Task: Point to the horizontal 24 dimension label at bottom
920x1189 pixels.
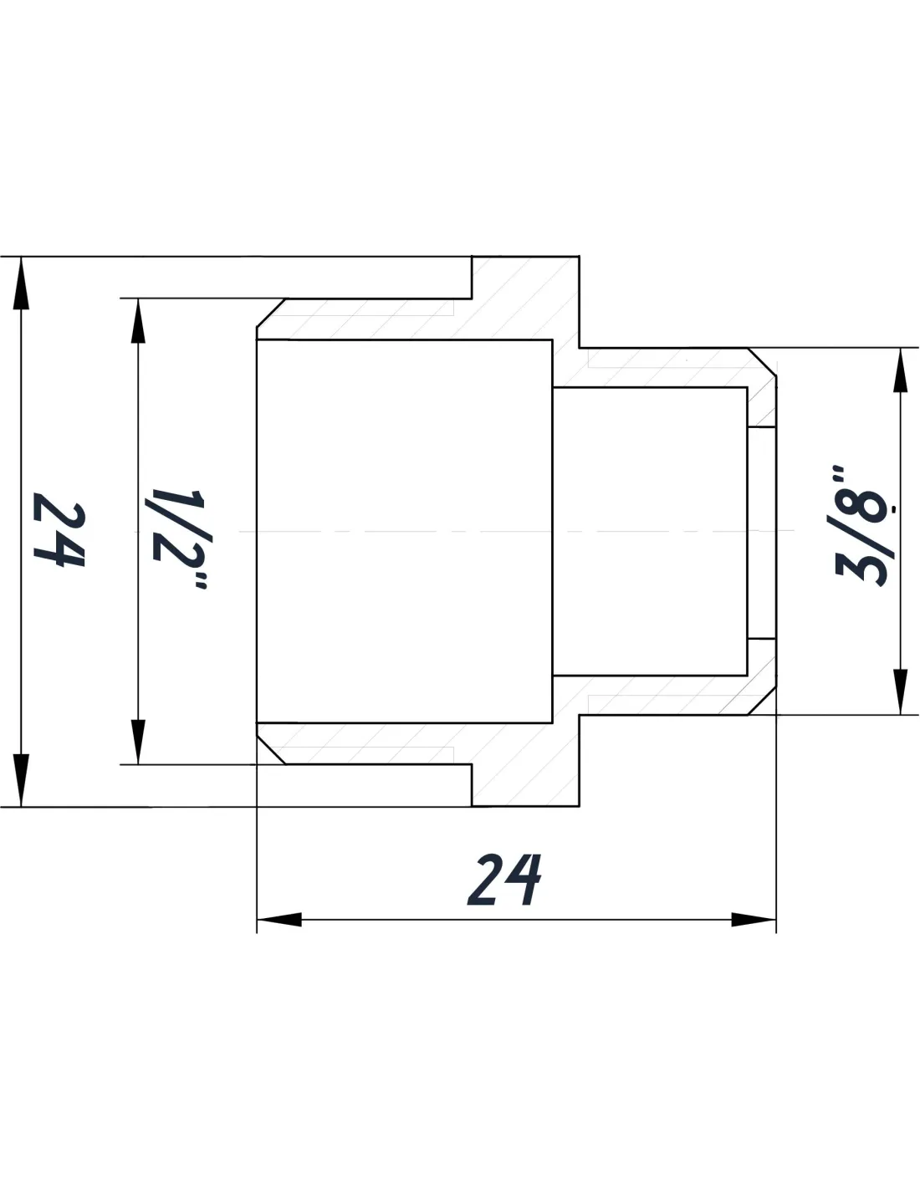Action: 505,880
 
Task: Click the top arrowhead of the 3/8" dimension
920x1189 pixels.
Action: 901,371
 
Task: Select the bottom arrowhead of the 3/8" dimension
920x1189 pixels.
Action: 901,691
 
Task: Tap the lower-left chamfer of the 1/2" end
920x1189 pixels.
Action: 270,749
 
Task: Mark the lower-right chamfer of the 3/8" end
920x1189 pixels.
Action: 762,701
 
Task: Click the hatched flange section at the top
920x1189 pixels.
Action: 525,301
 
